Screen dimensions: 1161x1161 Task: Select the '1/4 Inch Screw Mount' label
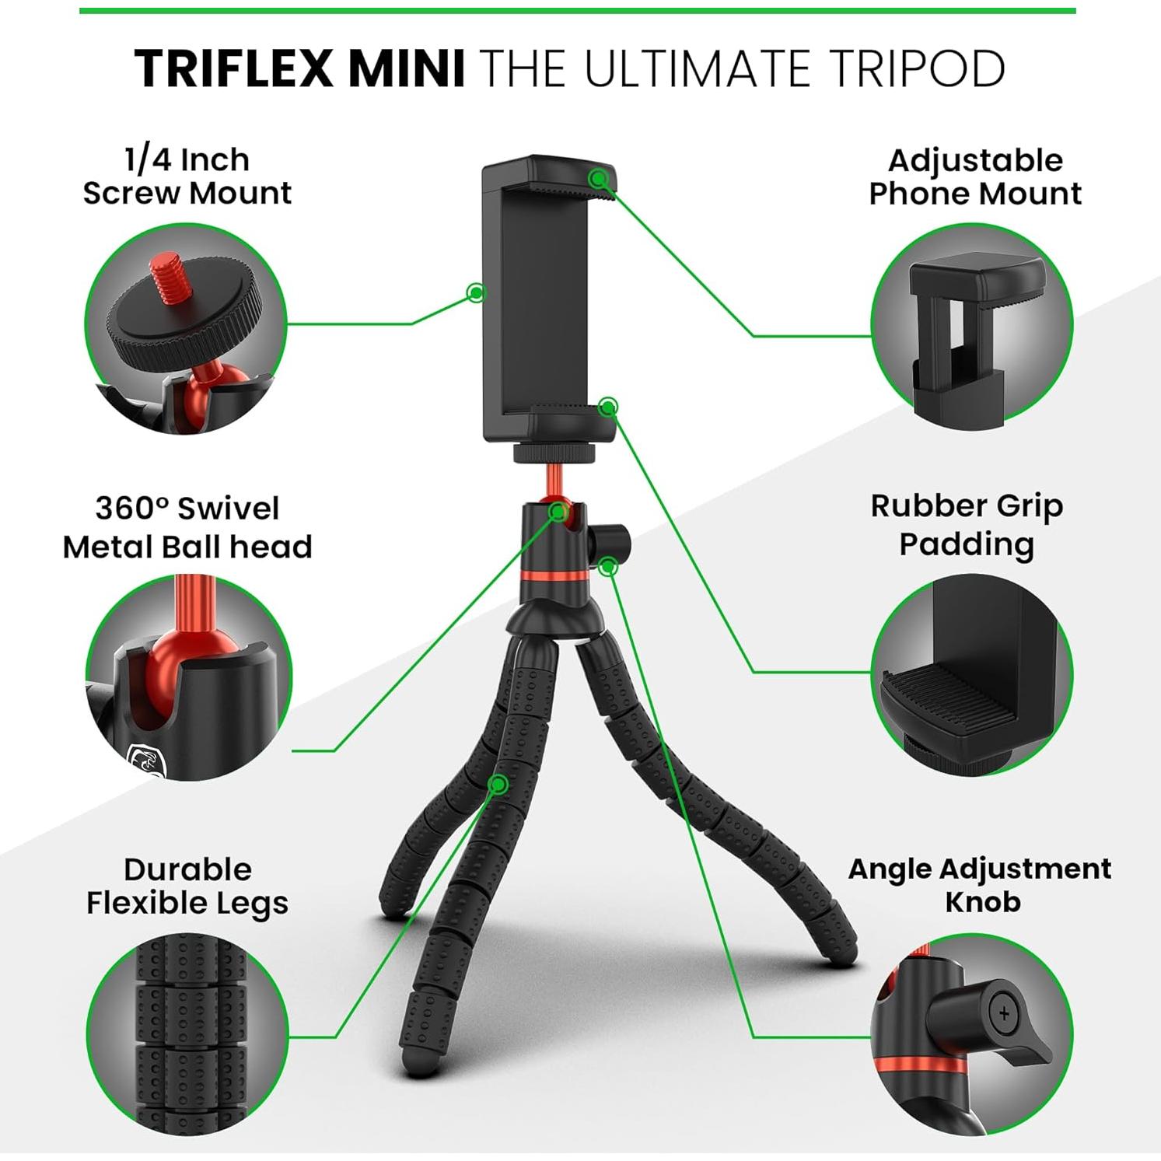click(187, 177)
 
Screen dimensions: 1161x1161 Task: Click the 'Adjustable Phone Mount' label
click(975, 177)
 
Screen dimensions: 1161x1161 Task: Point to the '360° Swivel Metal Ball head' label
click(187, 527)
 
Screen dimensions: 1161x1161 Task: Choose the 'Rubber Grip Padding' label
click(967, 524)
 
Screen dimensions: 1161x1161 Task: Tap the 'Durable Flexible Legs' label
click(187, 886)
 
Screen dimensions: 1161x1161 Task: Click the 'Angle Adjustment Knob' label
click(980, 884)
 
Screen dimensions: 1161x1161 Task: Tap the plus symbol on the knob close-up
click(1004, 1013)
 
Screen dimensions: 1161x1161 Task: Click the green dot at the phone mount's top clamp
click(598, 179)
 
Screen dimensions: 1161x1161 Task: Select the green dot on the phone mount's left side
click(476, 292)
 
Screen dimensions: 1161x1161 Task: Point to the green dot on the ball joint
click(558, 512)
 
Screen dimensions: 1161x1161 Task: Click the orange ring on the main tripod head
click(554, 576)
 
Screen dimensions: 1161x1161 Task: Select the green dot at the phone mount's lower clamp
click(609, 406)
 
